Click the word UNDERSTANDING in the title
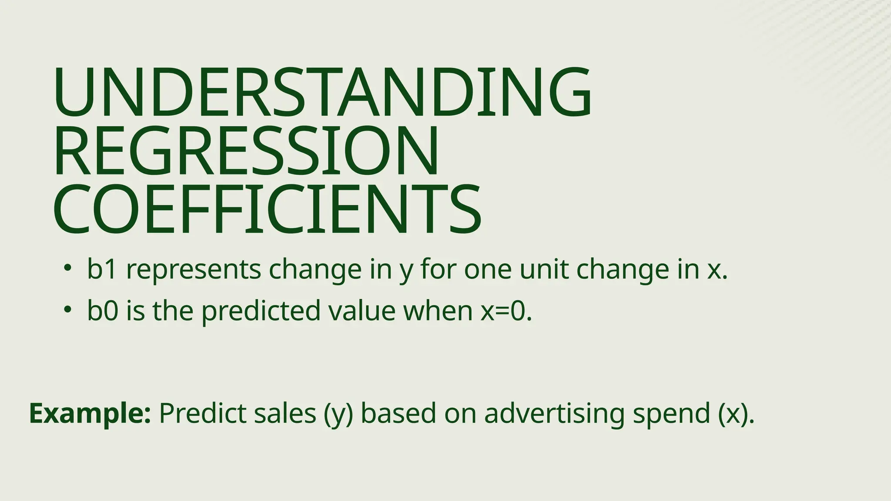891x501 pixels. click(322, 92)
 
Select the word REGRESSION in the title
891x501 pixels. click(246, 151)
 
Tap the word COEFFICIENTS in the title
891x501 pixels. click(267, 209)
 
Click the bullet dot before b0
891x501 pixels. click(67, 309)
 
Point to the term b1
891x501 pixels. click(102, 269)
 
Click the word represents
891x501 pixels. click(194, 270)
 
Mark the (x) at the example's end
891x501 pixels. click(733, 414)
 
